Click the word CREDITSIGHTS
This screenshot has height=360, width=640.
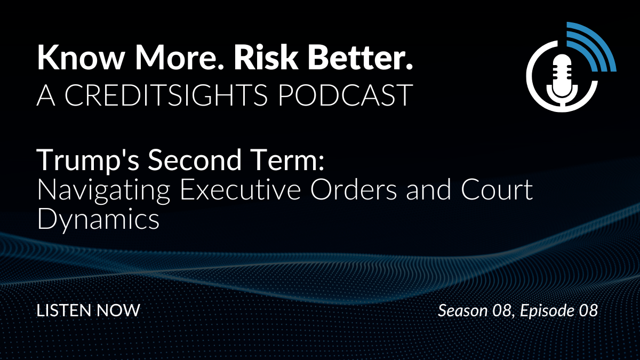[x=166, y=95]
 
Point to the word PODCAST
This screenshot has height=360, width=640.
[x=346, y=95]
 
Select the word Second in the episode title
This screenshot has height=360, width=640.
[x=195, y=160]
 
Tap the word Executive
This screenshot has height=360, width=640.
[x=241, y=190]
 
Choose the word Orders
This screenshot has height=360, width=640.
[x=354, y=190]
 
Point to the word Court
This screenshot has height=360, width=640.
[x=497, y=190]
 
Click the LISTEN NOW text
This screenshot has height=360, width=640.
[x=89, y=310]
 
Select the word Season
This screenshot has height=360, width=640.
[x=463, y=310]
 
